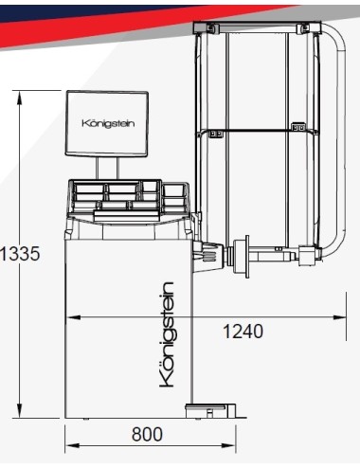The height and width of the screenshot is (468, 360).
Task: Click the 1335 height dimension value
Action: point(20,255)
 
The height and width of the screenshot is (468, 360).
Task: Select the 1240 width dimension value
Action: point(243,332)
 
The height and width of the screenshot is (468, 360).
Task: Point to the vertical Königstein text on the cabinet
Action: point(167,333)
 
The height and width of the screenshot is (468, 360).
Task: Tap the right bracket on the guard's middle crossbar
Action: point(298,127)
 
